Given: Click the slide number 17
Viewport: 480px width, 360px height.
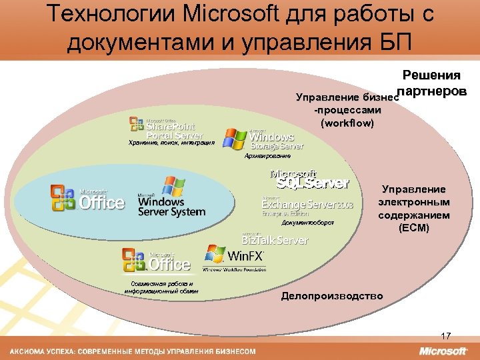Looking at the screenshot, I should point(446,335).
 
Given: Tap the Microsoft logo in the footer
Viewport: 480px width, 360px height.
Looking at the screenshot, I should point(443,351).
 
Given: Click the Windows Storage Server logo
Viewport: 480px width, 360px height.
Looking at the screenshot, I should point(264,139).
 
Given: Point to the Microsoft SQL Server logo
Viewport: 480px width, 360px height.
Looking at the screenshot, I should point(310,180).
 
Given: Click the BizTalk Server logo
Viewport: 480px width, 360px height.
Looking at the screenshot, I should point(275,239).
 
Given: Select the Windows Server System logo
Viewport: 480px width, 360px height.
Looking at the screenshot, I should point(171,197).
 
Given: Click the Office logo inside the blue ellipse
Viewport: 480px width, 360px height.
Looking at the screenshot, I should point(87,197).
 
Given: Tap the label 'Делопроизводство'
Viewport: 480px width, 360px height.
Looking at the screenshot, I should point(332,295).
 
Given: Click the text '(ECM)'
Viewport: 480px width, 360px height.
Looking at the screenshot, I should point(415,228).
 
